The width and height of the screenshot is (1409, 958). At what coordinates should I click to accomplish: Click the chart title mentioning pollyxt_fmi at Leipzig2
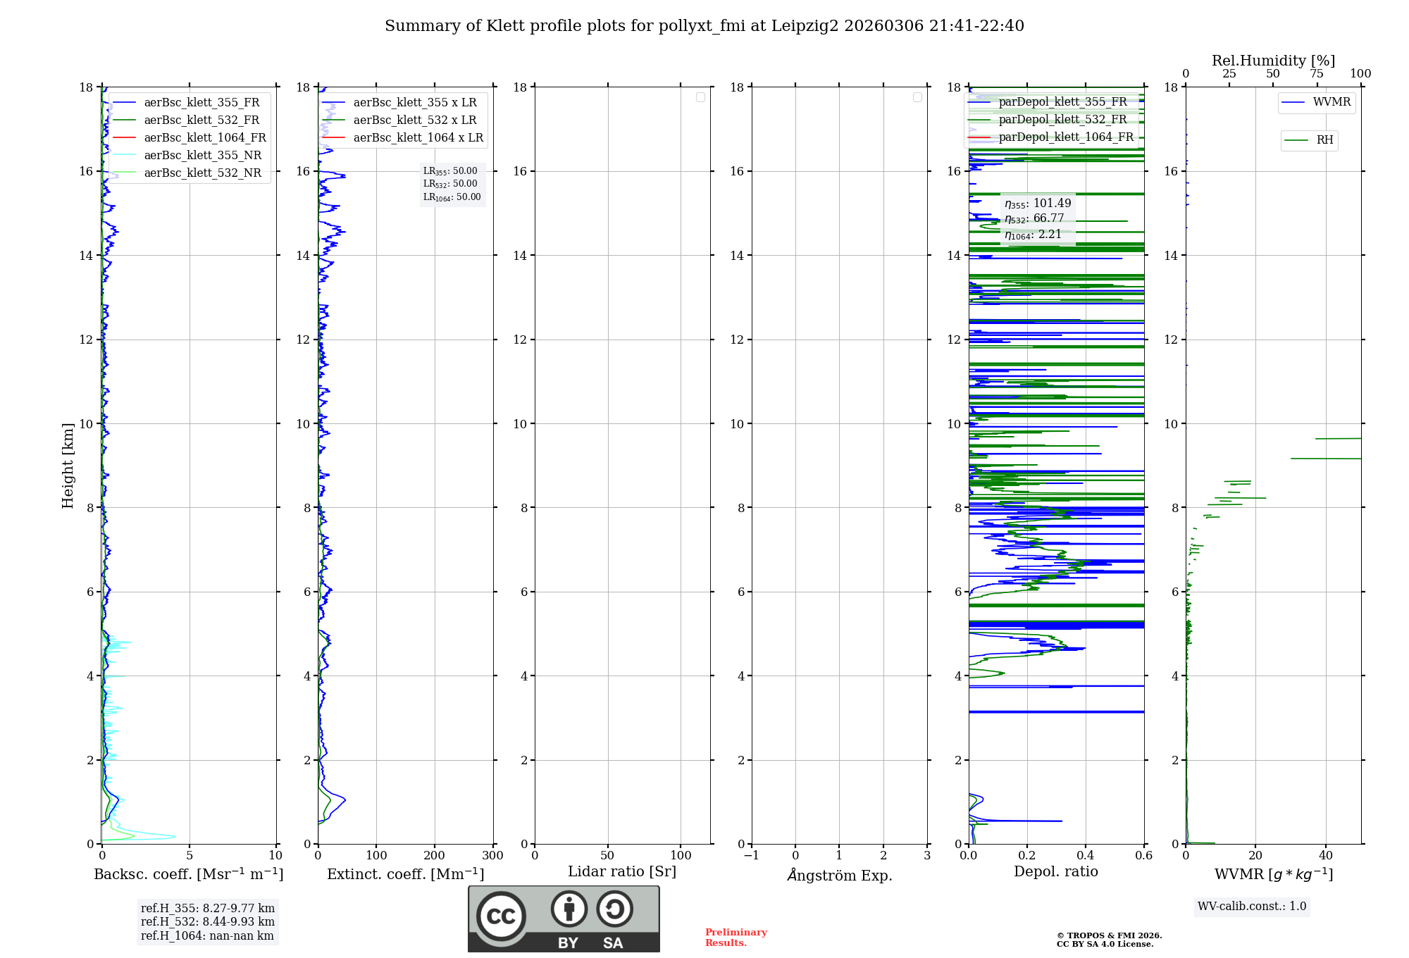pyautogui.click(x=704, y=26)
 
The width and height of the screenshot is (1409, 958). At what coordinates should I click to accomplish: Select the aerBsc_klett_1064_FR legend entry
pyautogui.click(x=204, y=137)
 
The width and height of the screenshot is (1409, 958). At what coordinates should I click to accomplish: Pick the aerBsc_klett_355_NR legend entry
pyautogui.click(x=202, y=155)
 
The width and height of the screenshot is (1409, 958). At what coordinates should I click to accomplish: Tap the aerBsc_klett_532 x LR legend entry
pyautogui.click(x=414, y=120)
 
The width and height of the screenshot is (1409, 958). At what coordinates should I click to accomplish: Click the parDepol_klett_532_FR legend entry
pyautogui.click(x=1062, y=119)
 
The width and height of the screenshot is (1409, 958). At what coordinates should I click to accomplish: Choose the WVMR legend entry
pyautogui.click(x=1332, y=102)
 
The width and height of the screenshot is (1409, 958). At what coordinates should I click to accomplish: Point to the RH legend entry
pyautogui.click(x=1324, y=140)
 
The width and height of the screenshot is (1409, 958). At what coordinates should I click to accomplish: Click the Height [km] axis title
pyautogui.click(x=68, y=465)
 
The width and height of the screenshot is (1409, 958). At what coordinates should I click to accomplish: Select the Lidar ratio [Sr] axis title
pyautogui.click(x=622, y=871)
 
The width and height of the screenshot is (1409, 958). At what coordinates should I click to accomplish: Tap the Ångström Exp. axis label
pyautogui.click(x=839, y=875)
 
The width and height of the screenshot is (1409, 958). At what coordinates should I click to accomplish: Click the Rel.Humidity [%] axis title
pyautogui.click(x=1273, y=61)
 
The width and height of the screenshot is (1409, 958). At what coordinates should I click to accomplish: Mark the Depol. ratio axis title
pyautogui.click(x=1055, y=871)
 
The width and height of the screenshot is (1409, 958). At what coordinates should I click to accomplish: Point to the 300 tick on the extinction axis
pyautogui.click(x=492, y=855)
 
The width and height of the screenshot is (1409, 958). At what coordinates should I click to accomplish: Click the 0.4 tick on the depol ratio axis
pyautogui.click(x=1085, y=855)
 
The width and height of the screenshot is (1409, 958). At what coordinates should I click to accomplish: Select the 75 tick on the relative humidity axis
pyautogui.click(x=1316, y=74)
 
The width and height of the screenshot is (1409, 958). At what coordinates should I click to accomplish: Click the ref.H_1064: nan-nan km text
pyautogui.click(x=207, y=935)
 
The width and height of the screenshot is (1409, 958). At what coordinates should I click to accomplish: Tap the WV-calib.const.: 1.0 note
pyautogui.click(x=1251, y=906)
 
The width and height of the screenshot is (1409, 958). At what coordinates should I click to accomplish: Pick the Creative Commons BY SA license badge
pyautogui.click(x=564, y=919)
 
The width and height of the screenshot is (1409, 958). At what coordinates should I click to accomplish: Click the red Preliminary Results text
pyautogui.click(x=735, y=937)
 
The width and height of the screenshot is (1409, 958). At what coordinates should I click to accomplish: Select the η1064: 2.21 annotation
pyautogui.click(x=1033, y=235)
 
